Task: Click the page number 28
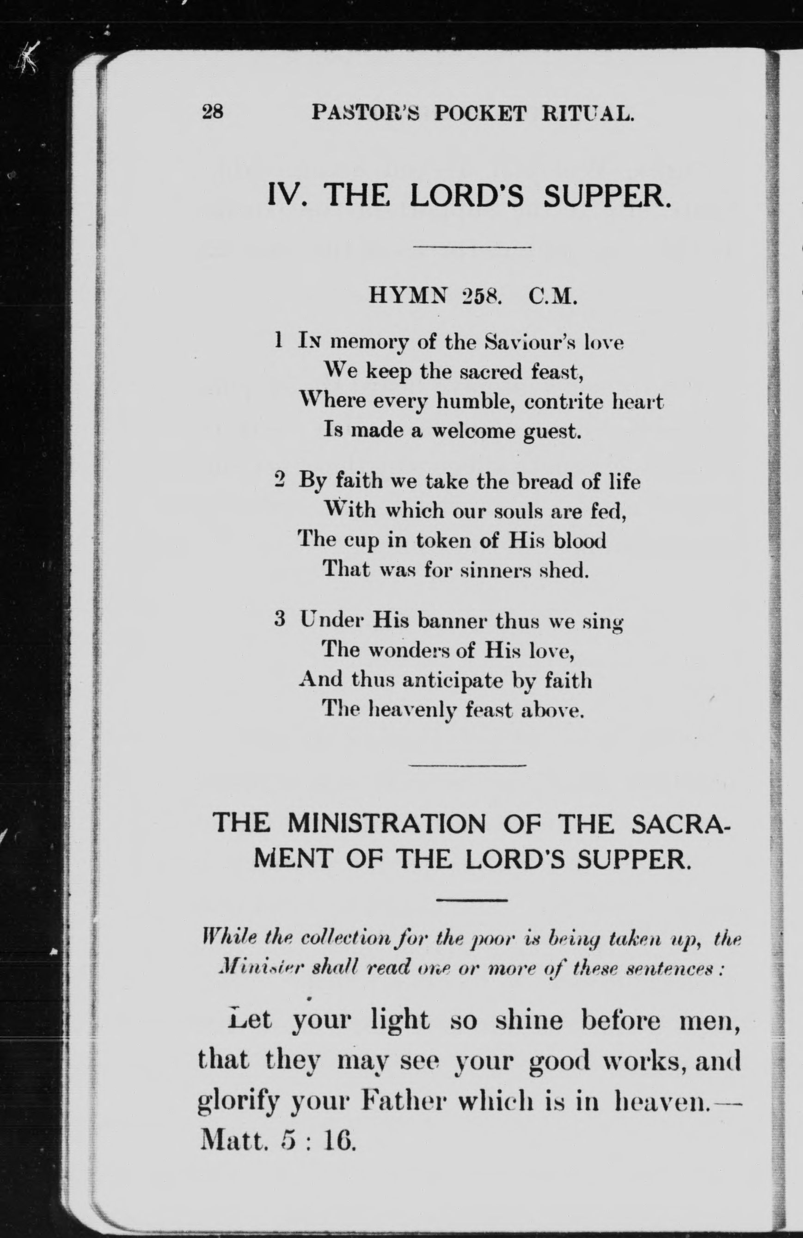click(x=213, y=111)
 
